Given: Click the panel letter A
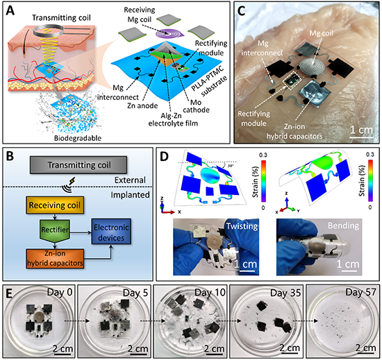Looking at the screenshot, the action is pyautogui.click(x=10, y=10).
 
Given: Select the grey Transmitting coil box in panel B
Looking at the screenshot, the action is pyautogui.click(x=78, y=165).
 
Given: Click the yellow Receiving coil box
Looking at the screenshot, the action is pyautogui.click(x=55, y=205).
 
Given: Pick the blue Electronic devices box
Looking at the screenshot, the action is pyautogui.click(x=111, y=232).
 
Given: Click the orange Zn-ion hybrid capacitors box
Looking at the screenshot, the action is pyautogui.click(x=55, y=259).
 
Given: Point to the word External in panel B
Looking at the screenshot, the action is pyautogui.click(x=130, y=180).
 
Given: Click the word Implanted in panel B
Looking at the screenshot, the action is pyautogui.click(x=130, y=195).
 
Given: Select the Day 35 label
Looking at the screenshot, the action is pyautogui.click(x=285, y=293).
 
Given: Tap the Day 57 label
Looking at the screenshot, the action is pyautogui.click(x=360, y=292).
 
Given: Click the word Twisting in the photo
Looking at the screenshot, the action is pyautogui.click(x=242, y=226).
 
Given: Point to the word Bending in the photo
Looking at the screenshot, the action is pyautogui.click(x=343, y=225).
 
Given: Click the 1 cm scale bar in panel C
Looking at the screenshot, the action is pyautogui.click(x=362, y=137).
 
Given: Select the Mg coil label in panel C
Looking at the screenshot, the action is pyautogui.click(x=321, y=33).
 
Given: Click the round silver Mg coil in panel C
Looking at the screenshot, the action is pyautogui.click(x=313, y=66).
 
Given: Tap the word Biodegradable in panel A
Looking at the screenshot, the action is pyautogui.click(x=78, y=138).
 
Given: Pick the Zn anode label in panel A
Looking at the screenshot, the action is pyautogui.click(x=142, y=105).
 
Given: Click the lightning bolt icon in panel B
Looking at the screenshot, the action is pyautogui.click(x=72, y=181).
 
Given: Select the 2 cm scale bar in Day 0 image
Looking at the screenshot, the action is pyautogui.click(x=63, y=354).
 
